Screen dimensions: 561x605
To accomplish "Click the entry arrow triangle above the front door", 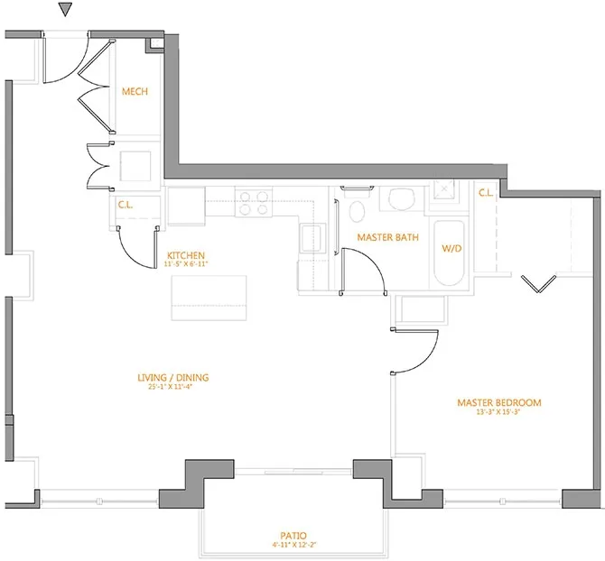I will [x=63, y=10].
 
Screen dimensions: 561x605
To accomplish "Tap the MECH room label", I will [x=135, y=91].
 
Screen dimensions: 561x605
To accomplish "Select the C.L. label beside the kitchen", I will [x=126, y=205].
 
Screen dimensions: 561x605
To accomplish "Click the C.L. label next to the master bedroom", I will [x=485, y=192].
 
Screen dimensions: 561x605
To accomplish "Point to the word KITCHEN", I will [x=185, y=255].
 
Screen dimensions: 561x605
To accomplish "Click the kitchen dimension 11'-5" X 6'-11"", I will [x=185, y=265].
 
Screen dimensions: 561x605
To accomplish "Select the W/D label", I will [x=451, y=248].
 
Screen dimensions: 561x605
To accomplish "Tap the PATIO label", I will [x=295, y=535].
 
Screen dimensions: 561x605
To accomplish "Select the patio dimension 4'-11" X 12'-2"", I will [x=295, y=545].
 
